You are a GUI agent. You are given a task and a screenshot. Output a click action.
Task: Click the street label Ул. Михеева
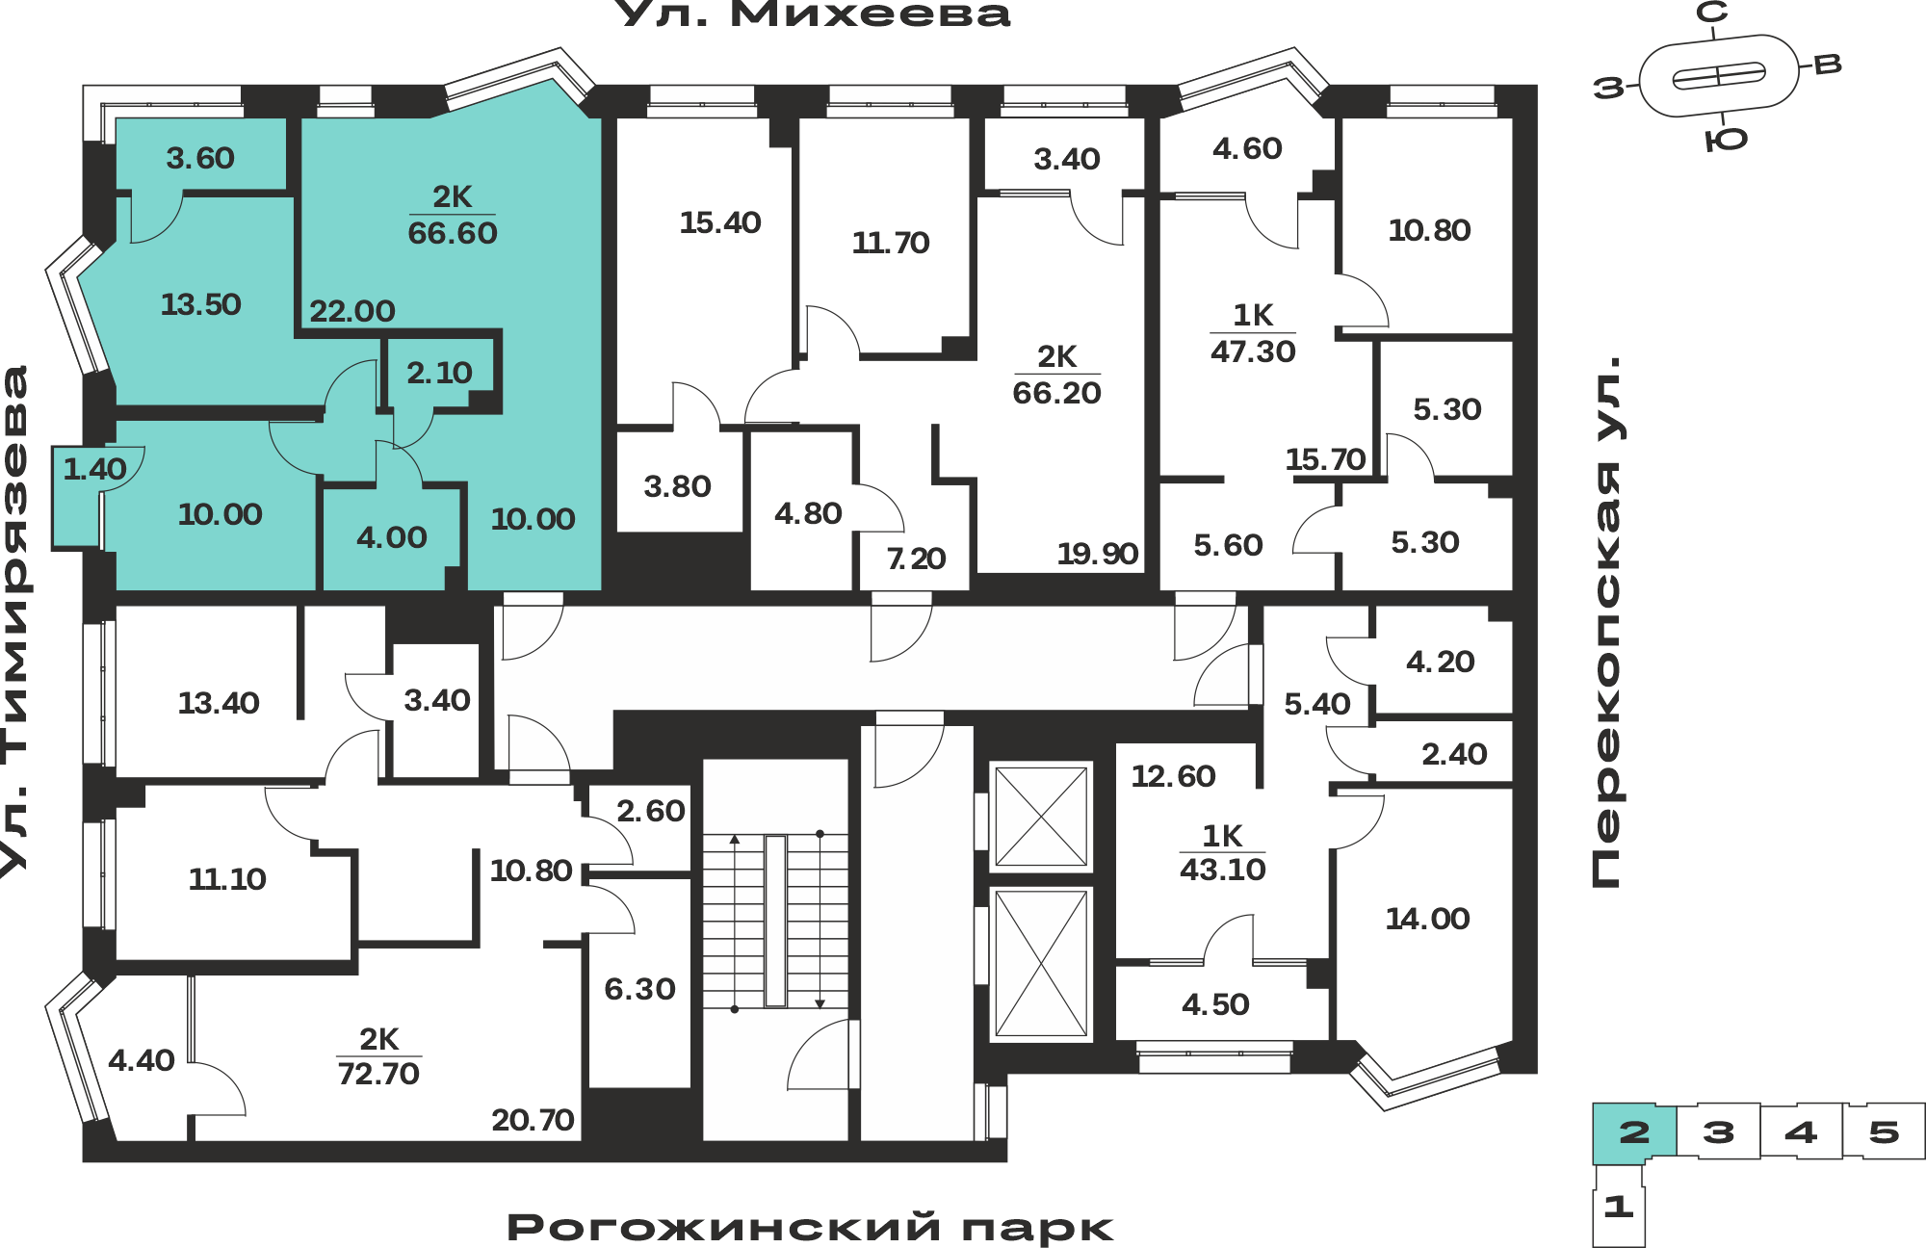(x=812, y=13)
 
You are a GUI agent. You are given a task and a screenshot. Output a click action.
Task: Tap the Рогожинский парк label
(x=810, y=1228)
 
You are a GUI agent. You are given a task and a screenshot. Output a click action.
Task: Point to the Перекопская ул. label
(x=1605, y=621)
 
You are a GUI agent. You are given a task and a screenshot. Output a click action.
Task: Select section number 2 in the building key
(x=1634, y=1131)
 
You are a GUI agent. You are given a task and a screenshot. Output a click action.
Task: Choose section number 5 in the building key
(x=1884, y=1131)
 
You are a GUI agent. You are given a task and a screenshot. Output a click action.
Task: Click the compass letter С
(x=1712, y=13)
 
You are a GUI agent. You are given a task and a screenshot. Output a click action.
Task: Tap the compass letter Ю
(x=1726, y=141)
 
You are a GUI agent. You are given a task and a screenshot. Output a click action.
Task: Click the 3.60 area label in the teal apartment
(x=200, y=158)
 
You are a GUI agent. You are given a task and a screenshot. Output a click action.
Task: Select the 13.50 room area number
(x=200, y=304)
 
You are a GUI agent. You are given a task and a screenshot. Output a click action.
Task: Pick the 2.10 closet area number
(x=439, y=373)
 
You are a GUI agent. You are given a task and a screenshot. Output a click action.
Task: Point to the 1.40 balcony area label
(x=94, y=469)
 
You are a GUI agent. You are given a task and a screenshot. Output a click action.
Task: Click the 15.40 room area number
(x=720, y=222)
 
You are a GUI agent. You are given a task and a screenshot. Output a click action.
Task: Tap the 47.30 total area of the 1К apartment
(x=1253, y=351)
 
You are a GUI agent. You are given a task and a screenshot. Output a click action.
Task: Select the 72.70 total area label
(x=378, y=1073)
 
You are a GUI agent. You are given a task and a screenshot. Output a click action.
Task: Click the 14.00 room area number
(x=1427, y=919)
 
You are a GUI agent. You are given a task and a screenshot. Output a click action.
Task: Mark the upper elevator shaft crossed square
(x=1041, y=817)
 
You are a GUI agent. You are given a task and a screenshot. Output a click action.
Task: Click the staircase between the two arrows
(x=776, y=922)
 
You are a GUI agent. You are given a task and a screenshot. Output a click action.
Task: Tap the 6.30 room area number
(x=639, y=989)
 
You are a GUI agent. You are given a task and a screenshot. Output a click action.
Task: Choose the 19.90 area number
(x=1098, y=554)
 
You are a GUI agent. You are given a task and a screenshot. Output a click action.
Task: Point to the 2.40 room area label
(x=1454, y=754)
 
